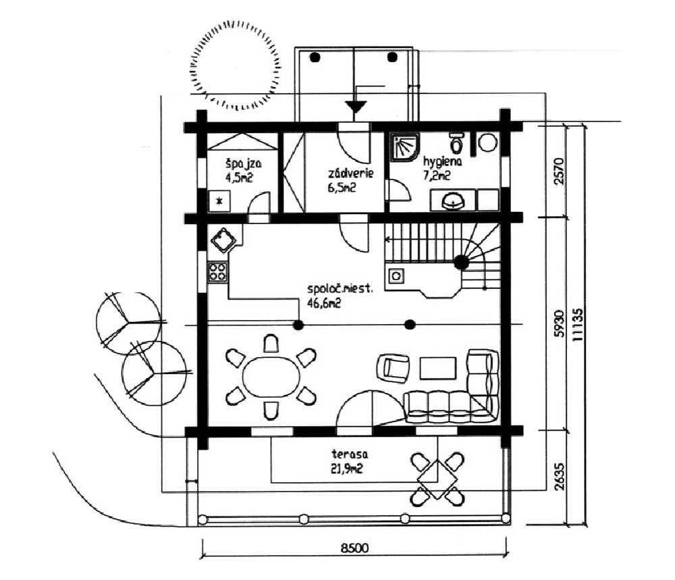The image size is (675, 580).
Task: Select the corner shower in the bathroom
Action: (x=404, y=147)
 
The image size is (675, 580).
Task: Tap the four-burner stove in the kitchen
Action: (x=217, y=272)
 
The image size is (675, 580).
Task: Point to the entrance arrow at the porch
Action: (x=355, y=106)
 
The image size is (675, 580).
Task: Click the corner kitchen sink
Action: (x=223, y=239)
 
